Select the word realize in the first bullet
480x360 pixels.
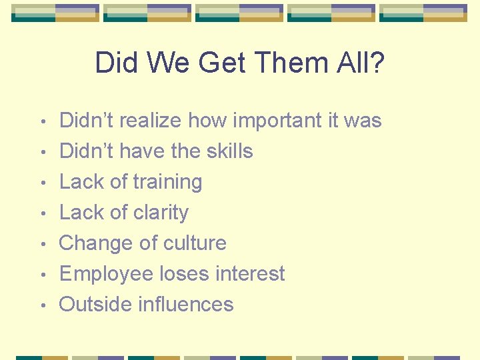(x=151, y=121)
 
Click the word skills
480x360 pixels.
(x=227, y=151)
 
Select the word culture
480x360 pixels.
(x=193, y=243)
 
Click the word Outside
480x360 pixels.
(x=95, y=305)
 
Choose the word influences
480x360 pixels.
(x=186, y=305)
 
